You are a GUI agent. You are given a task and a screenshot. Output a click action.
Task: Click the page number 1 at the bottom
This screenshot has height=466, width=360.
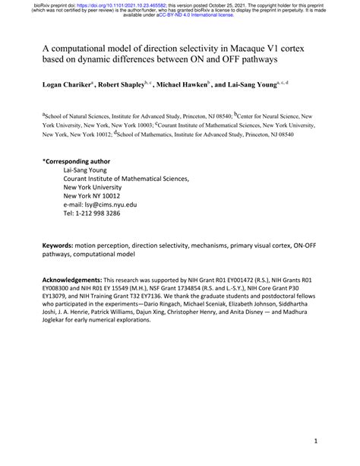(314, 442)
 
